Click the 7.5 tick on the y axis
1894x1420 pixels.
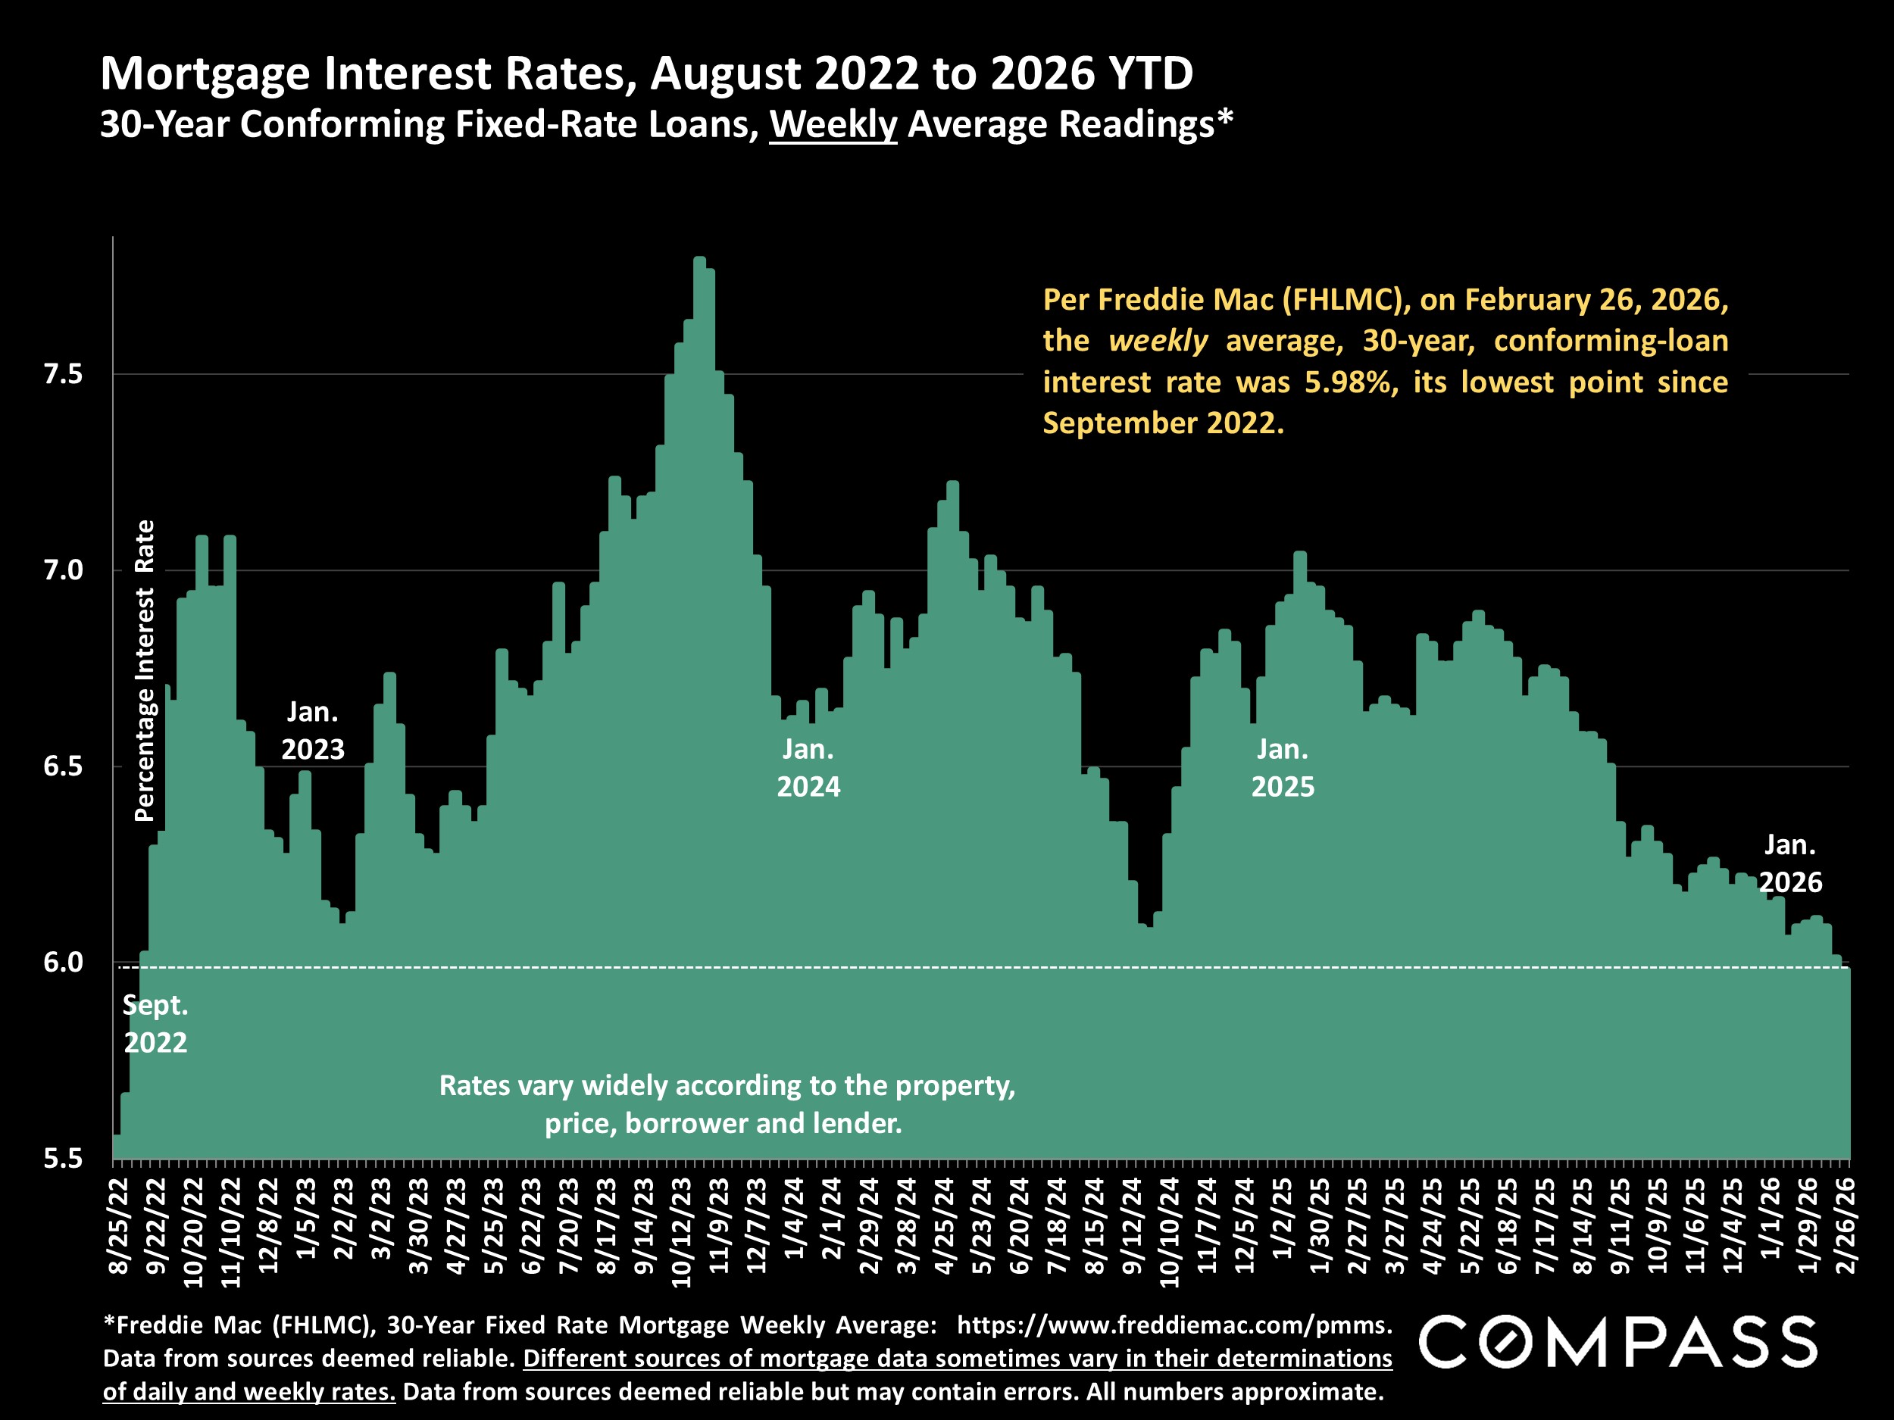[x=63, y=375]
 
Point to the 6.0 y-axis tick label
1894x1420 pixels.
[x=63, y=963]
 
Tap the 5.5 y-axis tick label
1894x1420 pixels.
[x=63, y=1159]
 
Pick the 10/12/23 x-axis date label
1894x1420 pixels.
[x=682, y=1232]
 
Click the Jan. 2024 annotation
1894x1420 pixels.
[x=808, y=768]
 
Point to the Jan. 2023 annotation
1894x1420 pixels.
[x=313, y=730]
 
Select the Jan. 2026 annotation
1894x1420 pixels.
[x=1789, y=863]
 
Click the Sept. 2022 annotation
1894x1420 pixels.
[x=155, y=1024]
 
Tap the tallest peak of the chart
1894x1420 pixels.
[x=699, y=258]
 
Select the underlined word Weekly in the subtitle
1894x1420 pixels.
[x=833, y=125]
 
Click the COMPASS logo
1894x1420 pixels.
[x=1618, y=1342]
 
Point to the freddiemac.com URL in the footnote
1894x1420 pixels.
[x=1173, y=1325]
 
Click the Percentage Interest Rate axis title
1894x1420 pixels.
[x=145, y=670]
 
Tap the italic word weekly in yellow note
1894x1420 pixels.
[x=1158, y=341]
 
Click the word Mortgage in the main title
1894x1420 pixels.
[x=205, y=73]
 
